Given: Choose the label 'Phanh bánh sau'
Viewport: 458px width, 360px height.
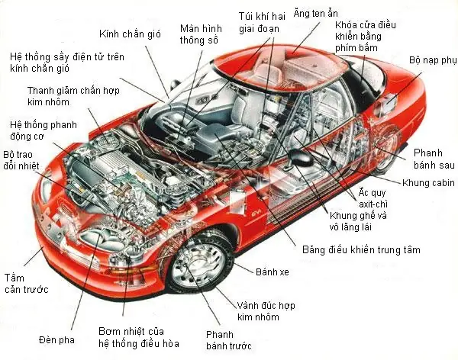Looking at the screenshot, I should click(x=434, y=157).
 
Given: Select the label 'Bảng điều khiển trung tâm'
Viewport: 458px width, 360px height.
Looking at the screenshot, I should click(x=360, y=249).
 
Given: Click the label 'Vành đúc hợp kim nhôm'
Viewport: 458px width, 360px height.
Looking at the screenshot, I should click(x=265, y=310).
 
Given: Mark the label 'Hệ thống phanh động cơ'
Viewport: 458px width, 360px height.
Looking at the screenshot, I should click(x=34, y=130).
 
